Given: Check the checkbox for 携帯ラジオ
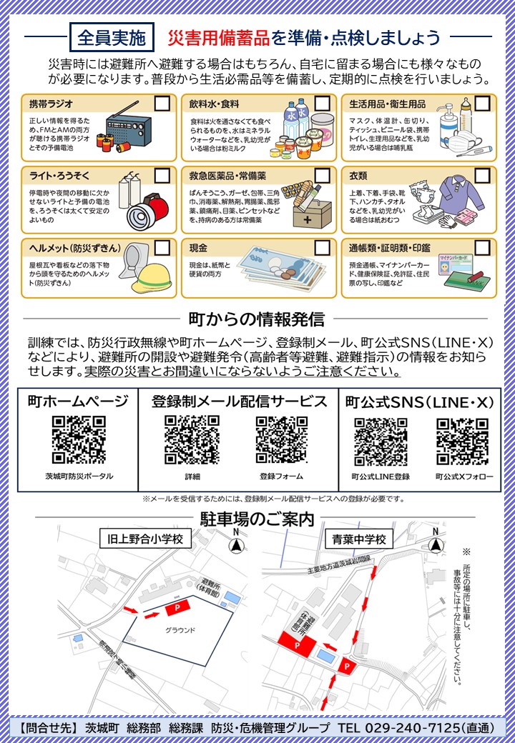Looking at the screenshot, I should coord(162,103).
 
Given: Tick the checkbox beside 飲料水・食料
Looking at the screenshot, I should coord(322,103).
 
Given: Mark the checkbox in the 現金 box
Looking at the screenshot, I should coord(322,247).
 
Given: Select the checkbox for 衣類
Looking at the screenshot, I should coord(483,175).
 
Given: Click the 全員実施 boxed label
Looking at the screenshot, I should coord(111,36).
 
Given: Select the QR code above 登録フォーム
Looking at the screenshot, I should coord(281,439).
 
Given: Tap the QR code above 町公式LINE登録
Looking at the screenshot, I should coord(381,439).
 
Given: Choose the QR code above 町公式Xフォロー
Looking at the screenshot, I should coord(462,439).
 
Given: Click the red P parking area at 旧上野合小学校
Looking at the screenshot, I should coord(175,608).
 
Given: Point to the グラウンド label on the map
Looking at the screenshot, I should coord(180,630).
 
